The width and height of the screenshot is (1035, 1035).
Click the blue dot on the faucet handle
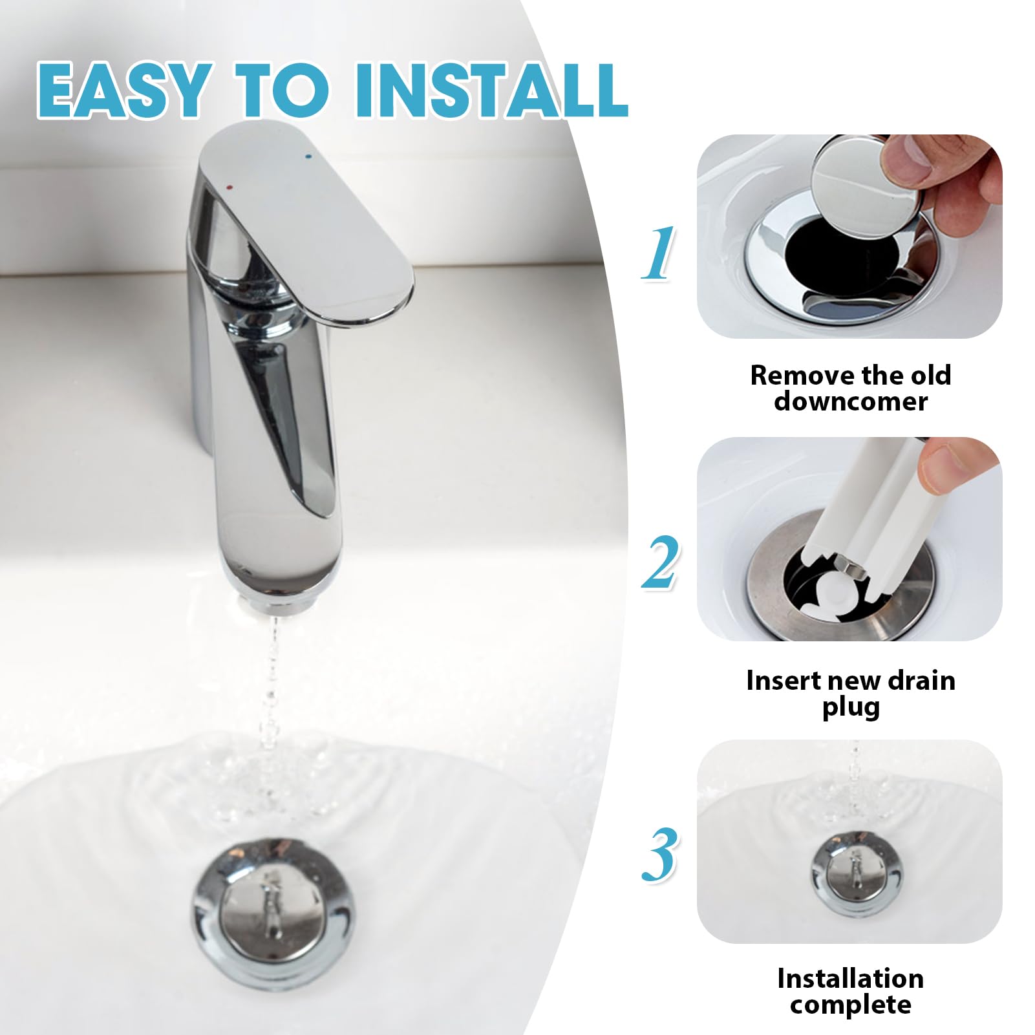pyautogui.click(x=306, y=156)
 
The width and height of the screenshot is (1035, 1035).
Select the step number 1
pyautogui.click(x=659, y=253)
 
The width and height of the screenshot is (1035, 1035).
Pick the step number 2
pyautogui.click(x=660, y=562)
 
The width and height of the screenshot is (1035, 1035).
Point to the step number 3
pyautogui.click(x=660, y=855)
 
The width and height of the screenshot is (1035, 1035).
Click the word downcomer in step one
pyautogui.click(x=851, y=401)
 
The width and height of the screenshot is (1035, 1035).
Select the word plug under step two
pyautogui.click(x=851, y=708)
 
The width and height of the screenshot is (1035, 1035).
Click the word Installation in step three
pyautogui.click(x=851, y=979)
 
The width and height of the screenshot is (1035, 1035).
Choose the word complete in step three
pyautogui.click(x=851, y=1005)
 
